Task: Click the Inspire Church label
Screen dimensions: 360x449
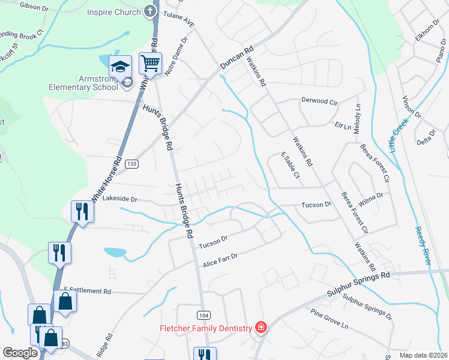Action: (113, 12)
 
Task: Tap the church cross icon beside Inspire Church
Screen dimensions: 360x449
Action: (150, 12)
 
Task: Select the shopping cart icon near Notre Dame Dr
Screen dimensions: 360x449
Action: (151, 62)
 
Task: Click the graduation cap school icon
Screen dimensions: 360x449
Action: (120, 66)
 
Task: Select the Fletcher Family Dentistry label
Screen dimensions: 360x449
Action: (205, 328)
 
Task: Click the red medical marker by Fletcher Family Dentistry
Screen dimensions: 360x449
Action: (261, 328)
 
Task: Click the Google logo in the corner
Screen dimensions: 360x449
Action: (20, 353)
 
